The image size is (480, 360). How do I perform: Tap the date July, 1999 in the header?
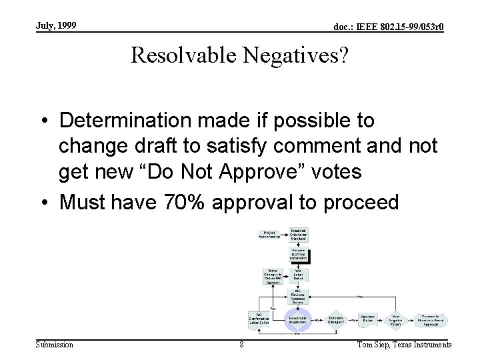coord(57,25)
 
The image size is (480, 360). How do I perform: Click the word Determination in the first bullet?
coord(127,121)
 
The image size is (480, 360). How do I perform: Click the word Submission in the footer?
coord(55,344)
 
